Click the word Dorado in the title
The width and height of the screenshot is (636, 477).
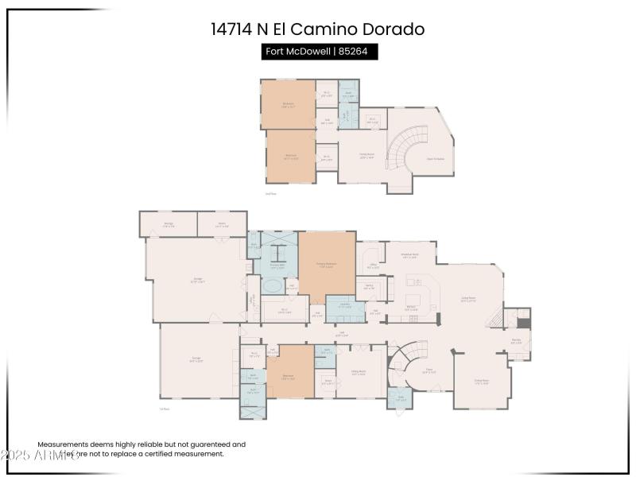[x=390, y=29]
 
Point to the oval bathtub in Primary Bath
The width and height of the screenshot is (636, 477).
[x=273, y=285]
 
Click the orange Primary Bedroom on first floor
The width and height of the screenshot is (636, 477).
[x=327, y=266]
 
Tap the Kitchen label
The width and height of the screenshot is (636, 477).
[x=412, y=306]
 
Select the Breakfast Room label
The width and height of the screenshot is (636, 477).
[x=410, y=256]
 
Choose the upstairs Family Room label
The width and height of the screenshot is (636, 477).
[x=366, y=157]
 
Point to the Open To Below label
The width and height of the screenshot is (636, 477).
[x=435, y=159]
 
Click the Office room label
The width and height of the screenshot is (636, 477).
[x=372, y=266]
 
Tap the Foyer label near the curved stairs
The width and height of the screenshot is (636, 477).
[x=429, y=371]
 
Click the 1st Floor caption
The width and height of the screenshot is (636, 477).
[x=165, y=409]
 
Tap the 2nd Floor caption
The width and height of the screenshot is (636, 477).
[x=270, y=193]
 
